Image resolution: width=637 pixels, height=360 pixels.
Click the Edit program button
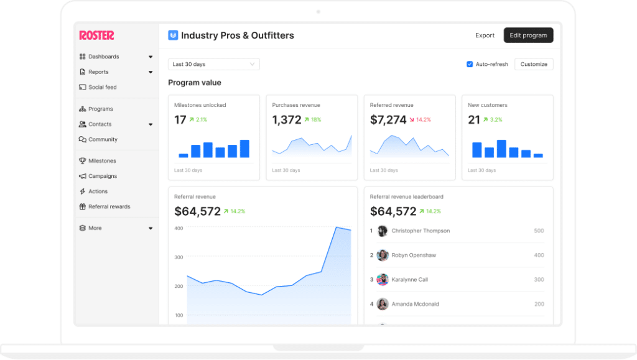[x=528, y=35]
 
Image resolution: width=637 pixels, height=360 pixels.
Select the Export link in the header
[x=485, y=35]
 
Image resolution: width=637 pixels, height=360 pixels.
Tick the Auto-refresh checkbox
[x=470, y=64]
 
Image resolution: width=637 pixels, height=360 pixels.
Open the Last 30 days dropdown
[x=213, y=64]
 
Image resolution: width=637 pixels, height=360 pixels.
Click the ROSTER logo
[x=96, y=35]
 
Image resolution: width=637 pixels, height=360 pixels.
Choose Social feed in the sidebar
[x=102, y=87]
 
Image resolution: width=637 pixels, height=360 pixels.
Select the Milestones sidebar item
[x=102, y=161]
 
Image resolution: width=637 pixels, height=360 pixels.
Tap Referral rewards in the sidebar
[x=109, y=206]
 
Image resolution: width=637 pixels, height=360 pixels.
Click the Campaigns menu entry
[x=102, y=176]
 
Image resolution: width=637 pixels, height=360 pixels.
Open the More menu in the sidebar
[x=95, y=228]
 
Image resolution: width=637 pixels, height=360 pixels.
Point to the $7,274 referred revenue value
[x=388, y=120]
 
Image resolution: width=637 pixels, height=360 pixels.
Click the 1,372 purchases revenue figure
[x=287, y=120]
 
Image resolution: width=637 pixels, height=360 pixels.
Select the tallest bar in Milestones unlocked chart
[x=244, y=149]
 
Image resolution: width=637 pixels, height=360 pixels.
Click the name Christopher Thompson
[x=421, y=231]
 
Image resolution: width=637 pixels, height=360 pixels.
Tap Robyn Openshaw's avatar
[x=383, y=255]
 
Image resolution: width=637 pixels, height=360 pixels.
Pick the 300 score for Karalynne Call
[x=539, y=280]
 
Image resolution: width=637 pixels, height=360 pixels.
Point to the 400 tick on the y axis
[x=179, y=228]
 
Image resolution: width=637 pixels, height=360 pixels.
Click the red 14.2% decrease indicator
[x=420, y=119]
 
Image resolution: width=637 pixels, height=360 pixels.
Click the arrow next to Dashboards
[x=151, y=57]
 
